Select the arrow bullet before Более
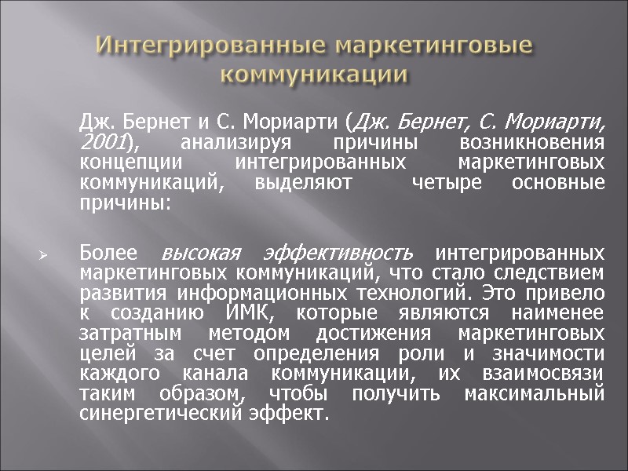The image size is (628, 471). coord(44,256)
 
